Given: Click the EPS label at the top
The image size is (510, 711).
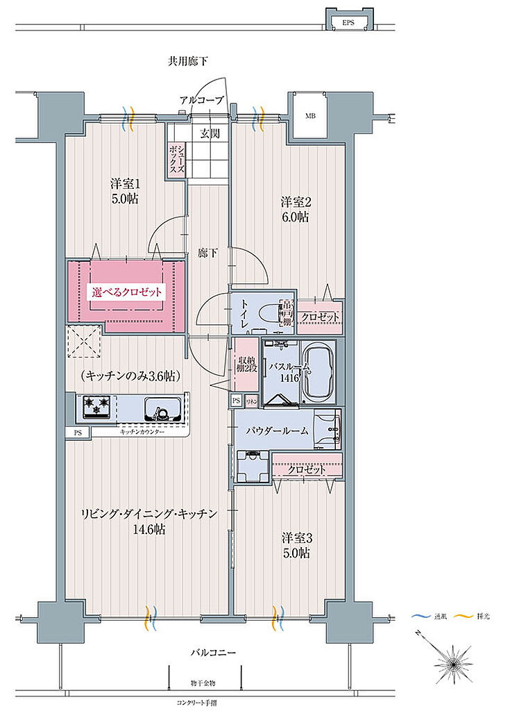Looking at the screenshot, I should [348, 23].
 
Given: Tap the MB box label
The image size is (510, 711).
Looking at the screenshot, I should [309, 116].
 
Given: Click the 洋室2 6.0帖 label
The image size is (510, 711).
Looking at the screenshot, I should [296, 210].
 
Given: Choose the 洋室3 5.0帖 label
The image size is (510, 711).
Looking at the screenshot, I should [296, 545].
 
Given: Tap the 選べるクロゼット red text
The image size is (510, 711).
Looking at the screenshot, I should [127, 292].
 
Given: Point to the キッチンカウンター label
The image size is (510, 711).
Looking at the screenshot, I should [142, 432].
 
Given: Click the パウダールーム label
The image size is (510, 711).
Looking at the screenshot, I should [277, 430].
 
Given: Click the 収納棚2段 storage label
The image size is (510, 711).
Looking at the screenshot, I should [246, 364].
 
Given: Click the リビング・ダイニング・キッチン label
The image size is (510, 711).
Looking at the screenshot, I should [149, 514].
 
